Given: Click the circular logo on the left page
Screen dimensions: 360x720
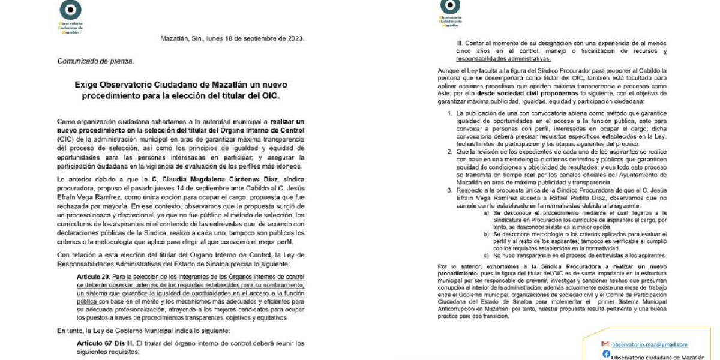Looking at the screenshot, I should pos(71,11).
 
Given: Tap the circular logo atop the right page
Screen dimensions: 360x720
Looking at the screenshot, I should pos(450,5).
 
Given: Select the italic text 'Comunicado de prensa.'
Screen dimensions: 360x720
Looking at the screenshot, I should pos(96,61).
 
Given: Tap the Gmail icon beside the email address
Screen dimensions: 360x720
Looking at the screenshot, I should pos(605,344).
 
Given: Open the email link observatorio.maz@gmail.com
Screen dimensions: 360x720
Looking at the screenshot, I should pos(650,344).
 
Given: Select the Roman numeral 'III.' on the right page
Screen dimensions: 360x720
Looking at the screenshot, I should pos(461,44).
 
